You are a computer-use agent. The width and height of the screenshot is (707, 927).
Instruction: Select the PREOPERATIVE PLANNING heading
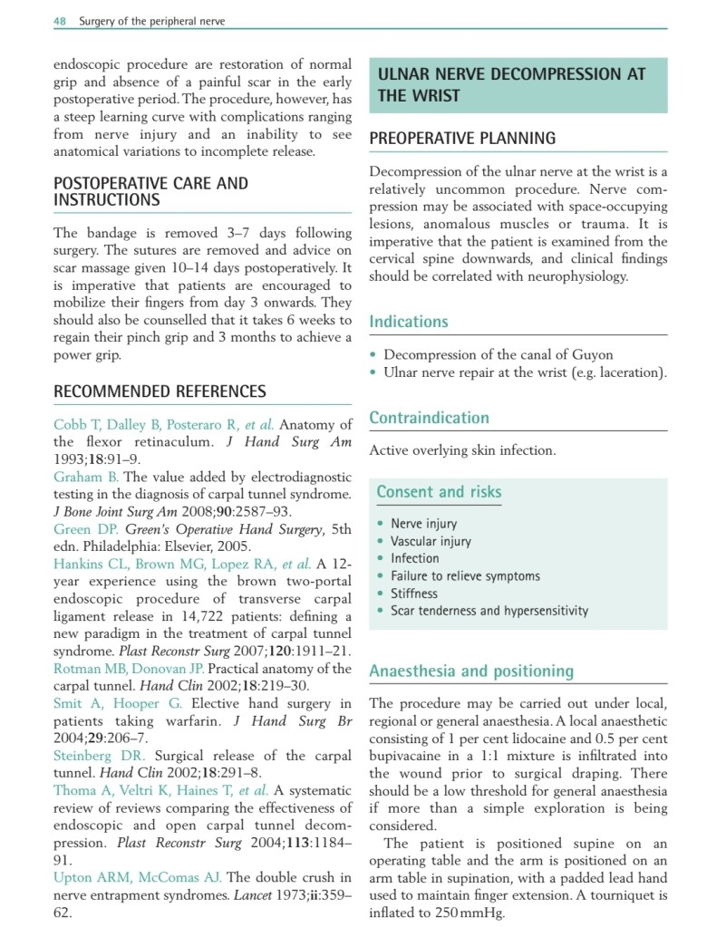pos(462,139)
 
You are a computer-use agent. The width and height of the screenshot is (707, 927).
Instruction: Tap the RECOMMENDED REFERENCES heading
pos(160,391)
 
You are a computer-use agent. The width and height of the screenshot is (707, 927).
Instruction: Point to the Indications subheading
pos(408,322)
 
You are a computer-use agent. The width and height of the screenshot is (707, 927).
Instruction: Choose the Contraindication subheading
pos(429,418)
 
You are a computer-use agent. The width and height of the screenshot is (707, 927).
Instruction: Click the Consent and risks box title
pos(439,492)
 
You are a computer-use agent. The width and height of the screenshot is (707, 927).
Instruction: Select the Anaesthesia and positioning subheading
pos(471,671)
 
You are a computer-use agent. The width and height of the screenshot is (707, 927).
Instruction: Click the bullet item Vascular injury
pos(431,541)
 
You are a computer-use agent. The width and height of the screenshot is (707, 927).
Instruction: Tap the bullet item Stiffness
pos(413,594)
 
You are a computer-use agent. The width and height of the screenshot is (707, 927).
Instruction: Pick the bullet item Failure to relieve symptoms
pos(465,576)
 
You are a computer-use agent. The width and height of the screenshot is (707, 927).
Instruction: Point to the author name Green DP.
pos(84,528)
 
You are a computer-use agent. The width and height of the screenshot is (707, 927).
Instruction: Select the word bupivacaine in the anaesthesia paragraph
pos(412,756)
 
